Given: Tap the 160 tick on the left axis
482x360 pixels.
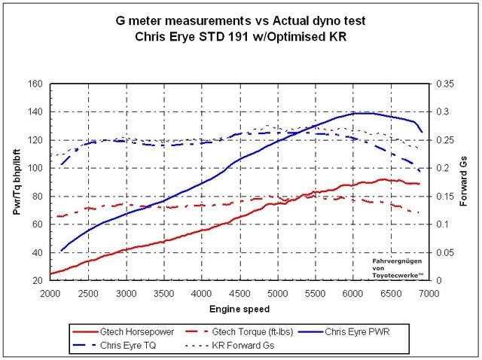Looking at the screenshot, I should coord(34,84).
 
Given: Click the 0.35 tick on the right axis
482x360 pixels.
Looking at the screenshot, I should coord(445,84).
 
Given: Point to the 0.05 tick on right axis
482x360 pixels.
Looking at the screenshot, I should coord(445,253).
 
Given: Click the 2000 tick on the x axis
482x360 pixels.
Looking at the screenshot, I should coord(50,294).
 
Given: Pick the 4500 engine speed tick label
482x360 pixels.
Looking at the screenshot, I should coord(239,294).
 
